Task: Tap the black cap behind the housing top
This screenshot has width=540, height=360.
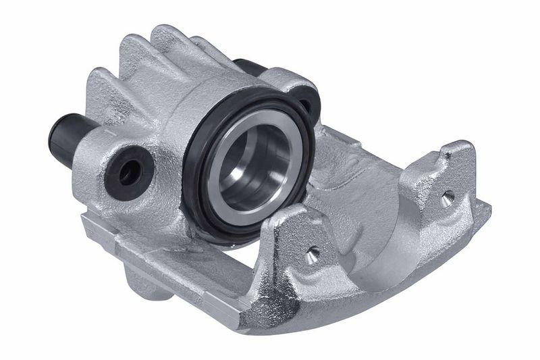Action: (x=248, y=68)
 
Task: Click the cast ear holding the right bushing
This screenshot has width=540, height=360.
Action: (x=297, y=84)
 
